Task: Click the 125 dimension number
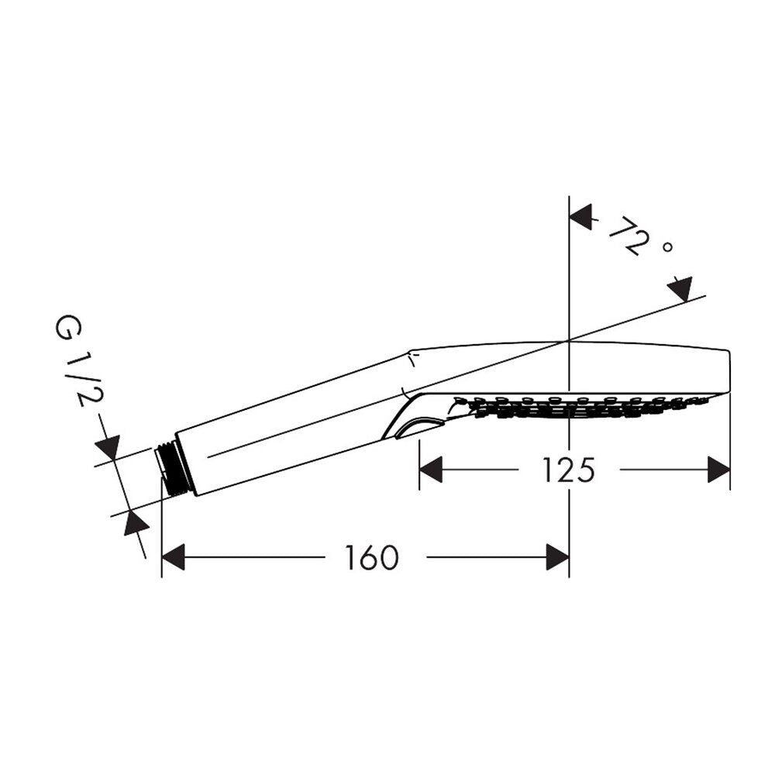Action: (x=568, y=470)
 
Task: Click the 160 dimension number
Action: (x=371, y=557)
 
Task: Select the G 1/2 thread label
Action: (x=73, y=363)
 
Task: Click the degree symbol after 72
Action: (x=666, y=246)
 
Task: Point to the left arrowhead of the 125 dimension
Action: (x=430, y=469)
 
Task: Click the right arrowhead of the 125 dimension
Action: (x=718, y=469)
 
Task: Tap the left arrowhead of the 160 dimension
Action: (x=173, y=557)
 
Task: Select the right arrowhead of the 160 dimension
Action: (x=558, y=557)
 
